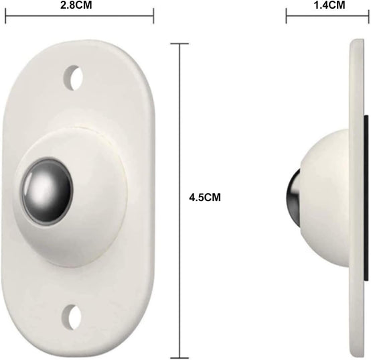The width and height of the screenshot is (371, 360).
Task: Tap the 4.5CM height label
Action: [205, 198]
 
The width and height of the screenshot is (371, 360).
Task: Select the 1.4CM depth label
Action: [329, 5]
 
